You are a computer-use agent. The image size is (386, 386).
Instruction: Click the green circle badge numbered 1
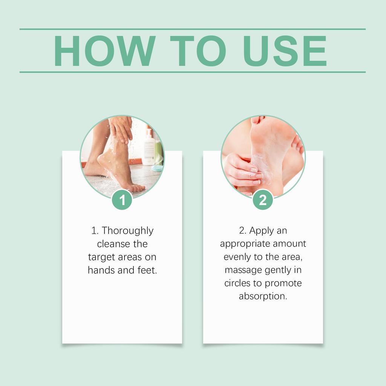point(122,199)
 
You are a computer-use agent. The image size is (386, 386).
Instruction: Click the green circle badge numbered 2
point(263,199)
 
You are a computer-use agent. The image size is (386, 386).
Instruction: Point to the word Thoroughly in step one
point(127,231)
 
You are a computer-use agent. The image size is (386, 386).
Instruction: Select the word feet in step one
point(147,270)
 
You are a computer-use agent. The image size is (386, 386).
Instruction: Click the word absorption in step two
point(263,296)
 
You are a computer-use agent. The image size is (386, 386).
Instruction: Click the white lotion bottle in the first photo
point(149,147)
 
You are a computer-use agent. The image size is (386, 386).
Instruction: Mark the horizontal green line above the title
point(193,29)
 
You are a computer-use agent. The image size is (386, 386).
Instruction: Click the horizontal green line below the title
point(193,72)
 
